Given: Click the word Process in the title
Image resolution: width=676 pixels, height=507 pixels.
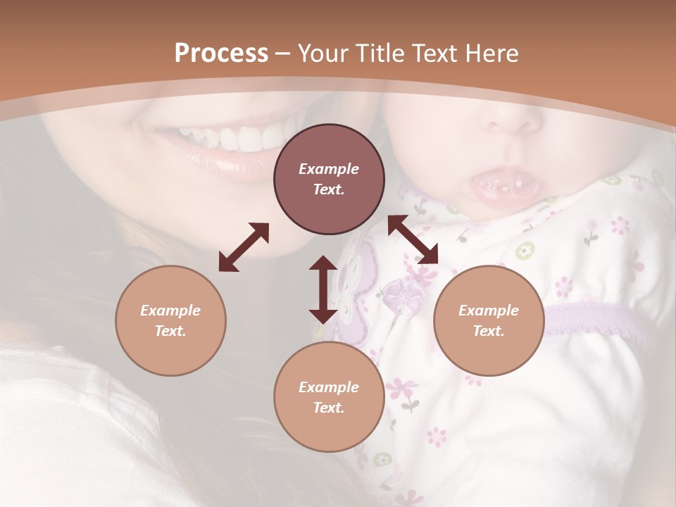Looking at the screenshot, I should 221,53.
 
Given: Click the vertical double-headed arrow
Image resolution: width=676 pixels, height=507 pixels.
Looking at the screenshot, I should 323,289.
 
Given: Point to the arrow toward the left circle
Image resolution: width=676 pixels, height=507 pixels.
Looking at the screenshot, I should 244,247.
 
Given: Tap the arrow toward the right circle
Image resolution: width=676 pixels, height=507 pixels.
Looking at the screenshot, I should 413,239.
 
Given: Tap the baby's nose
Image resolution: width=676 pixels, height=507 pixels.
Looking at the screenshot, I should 513,120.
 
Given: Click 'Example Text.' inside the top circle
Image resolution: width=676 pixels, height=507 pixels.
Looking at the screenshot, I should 329,179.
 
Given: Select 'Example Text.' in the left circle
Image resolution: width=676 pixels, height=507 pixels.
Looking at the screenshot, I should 170,320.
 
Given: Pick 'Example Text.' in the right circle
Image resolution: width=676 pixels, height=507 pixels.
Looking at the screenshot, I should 489,320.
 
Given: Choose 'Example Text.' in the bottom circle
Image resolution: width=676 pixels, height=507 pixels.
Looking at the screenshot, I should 329,397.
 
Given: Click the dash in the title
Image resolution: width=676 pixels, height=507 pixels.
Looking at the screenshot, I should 283,54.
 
